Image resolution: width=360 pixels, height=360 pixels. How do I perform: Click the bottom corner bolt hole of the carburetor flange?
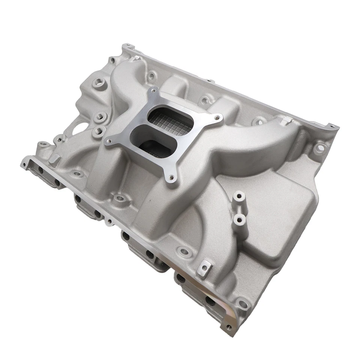pos(172,178)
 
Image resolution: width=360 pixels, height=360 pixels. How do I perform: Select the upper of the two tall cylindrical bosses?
pos(238,196)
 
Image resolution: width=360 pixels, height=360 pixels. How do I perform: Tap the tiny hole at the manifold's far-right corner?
pos(331,126)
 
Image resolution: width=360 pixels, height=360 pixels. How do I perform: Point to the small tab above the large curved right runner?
pos(286,120)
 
